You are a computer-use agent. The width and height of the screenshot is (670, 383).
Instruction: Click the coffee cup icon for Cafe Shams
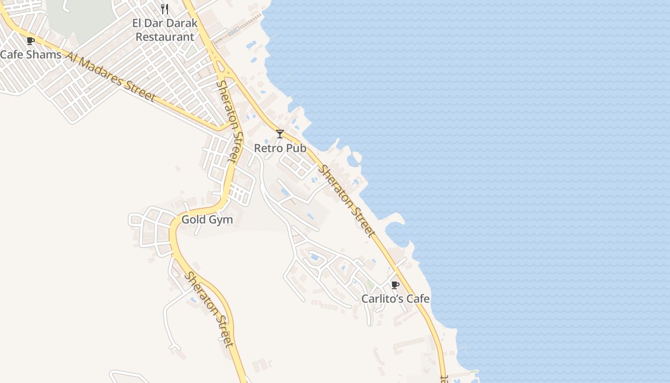(x=31, y=41)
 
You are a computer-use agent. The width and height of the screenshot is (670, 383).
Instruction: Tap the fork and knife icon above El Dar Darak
(x=165, y=9)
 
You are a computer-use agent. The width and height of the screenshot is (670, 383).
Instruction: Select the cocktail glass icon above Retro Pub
(x=280, y=134)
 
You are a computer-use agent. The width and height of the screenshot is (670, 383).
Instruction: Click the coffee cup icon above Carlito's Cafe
(x=395, y=285)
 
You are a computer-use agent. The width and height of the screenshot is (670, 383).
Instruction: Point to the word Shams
(x=44, y=55)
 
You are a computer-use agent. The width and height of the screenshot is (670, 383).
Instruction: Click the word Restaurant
(x=165, y=37)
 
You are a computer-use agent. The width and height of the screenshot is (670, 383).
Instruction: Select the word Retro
(x=266, y=148)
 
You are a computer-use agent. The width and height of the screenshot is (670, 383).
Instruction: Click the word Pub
(x=296, y=148)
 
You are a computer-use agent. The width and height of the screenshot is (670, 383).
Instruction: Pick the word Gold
(x=193, y=220)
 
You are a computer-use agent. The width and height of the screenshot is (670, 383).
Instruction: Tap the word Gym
(x=221, y=220)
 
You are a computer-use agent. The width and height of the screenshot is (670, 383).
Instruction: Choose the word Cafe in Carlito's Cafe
(x=418, y=299)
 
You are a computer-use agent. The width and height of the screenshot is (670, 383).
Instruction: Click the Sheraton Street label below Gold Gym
(x=210, y=309)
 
